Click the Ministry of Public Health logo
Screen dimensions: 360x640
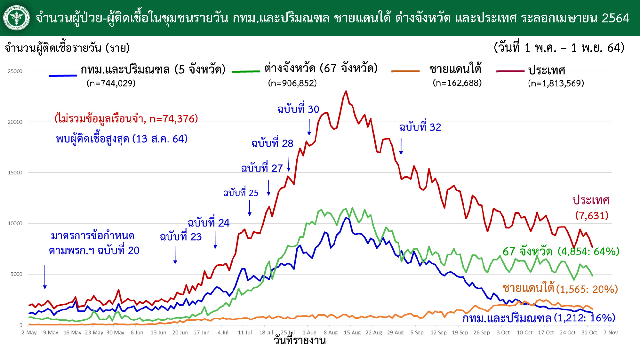pos(17,18)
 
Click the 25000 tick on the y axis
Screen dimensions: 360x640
pos(15,71)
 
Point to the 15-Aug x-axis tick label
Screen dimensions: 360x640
pos(352,333)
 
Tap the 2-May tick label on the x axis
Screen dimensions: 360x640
pos(29,333)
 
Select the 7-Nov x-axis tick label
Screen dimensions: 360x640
pos(611,333)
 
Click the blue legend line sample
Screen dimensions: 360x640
pos(63,76)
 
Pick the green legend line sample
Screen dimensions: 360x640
pos(246,71)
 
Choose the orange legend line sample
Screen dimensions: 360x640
pos(405,71)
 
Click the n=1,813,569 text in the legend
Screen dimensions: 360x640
pos(556,84)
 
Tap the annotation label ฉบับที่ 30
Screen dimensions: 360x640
pos(298,109)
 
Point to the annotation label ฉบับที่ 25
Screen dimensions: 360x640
pos(241,193)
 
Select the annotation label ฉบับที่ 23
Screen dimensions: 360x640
pos(181,237)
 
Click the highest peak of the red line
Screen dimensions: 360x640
pos(346,91)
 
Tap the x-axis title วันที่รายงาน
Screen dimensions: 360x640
pos(300,340)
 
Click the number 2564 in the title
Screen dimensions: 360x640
pos(615,18)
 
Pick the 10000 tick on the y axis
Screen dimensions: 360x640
pos(15,223)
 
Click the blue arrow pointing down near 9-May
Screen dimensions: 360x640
pos(45,277)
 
